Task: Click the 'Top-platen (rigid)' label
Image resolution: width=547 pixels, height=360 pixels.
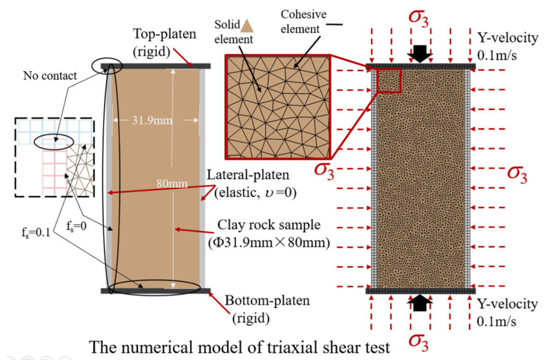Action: coord(164,43)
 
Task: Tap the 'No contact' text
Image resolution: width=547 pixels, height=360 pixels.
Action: coord(50,76)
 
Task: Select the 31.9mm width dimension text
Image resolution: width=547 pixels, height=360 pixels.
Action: coord(152,121)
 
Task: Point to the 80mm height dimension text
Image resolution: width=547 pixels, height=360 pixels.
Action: coord(172,183)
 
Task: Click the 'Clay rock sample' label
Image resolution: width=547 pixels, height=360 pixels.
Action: coord(268,225)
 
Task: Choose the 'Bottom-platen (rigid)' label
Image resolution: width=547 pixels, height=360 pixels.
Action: coord(267,309)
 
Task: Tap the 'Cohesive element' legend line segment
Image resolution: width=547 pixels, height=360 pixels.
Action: coord(334,24)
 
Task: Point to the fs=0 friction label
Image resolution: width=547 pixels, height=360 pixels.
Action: coord(76,226)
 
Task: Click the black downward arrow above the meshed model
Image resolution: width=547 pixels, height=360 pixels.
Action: coord(420,53)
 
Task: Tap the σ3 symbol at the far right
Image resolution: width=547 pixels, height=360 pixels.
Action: coord(517,174)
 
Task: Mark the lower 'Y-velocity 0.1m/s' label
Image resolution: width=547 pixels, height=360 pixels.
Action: coord(506,312)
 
